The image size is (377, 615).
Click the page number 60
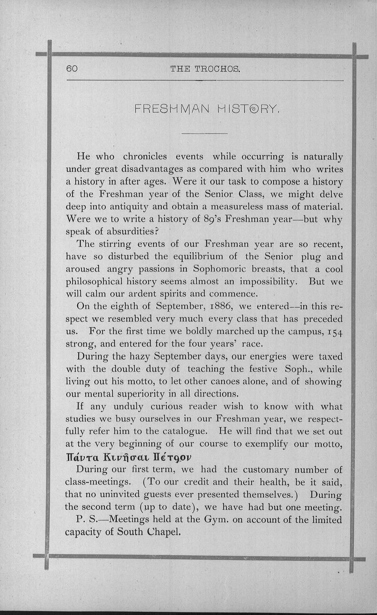click(x=72, y=69)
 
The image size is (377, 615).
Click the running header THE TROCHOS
click(x=205, y=69)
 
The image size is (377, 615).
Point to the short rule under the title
click(x=205, y=133)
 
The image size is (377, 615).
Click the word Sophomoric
click(x=220, y=269)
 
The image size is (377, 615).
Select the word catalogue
click(x=182, y=432)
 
